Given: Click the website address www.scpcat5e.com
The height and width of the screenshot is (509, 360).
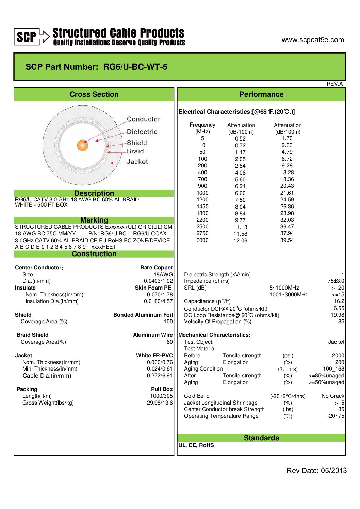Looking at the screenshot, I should [x=312, y=40].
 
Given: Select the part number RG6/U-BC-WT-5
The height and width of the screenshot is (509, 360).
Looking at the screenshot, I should [x=135, y=67].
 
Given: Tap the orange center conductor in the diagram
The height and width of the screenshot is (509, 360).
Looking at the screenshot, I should [x=83, y=145].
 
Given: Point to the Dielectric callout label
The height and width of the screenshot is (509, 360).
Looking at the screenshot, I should [x=142, y=132].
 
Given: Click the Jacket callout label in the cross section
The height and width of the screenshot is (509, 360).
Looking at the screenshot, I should [x=137, y=162].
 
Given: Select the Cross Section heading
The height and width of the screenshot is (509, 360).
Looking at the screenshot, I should [x=94, y=94].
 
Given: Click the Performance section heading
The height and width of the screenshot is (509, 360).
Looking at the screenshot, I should [x=261, y=94].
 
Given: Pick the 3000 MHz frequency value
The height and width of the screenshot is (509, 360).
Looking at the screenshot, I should [x=202, y=240].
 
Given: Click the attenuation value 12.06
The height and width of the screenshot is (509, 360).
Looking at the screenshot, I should [x=240, y=241].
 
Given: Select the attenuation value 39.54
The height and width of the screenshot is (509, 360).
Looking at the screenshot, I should [x=287, y=240].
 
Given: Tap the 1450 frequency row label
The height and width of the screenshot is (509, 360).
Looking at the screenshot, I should [x=202, y=207].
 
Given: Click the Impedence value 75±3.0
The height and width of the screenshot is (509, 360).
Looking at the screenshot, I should [x=336, y=281].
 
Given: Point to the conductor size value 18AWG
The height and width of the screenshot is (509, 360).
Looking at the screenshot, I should [x=163, y=274].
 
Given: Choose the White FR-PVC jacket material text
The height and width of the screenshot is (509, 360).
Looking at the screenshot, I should [x=154, y=355].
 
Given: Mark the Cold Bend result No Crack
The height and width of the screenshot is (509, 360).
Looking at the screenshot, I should [x=333, y=396].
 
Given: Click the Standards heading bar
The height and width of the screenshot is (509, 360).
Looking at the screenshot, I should [x=261, y=438].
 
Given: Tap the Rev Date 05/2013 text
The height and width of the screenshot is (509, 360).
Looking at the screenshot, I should [x=316, y=471].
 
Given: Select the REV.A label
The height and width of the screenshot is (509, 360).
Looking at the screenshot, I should [x=334, y=84].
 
